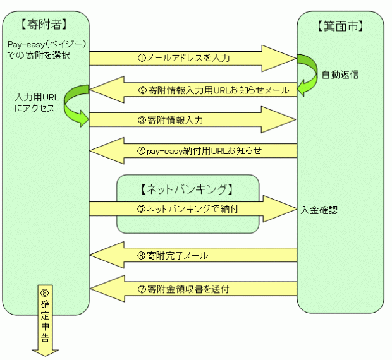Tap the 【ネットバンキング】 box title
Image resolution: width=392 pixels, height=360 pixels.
187,188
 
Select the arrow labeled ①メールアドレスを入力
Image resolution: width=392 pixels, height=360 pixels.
190,58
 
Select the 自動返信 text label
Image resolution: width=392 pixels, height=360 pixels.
340,75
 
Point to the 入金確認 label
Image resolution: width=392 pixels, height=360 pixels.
319,209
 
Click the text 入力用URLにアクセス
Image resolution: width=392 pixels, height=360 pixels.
35,103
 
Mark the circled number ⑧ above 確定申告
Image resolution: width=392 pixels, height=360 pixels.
45,294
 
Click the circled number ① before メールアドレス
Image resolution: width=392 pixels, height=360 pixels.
142,58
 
